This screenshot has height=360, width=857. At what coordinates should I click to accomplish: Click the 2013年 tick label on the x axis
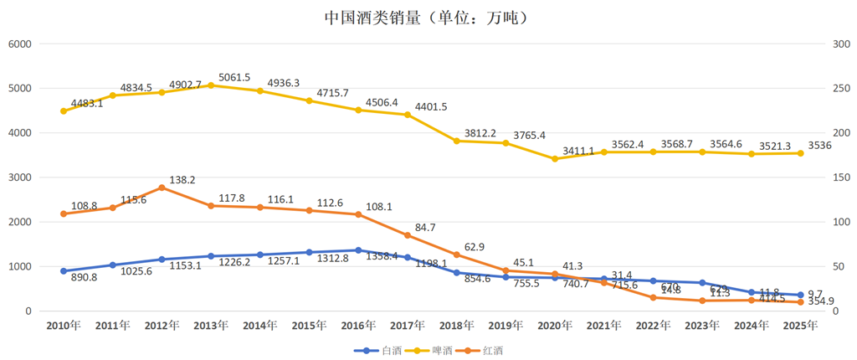[x=211, y=326]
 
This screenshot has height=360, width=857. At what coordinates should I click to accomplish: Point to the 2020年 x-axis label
[x=554, y=326]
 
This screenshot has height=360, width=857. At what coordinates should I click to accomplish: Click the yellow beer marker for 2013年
[x=211, y=85]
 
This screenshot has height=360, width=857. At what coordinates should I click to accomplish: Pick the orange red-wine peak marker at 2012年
[x=162, y=188]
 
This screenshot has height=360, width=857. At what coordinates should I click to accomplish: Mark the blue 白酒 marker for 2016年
[x=358, y=250]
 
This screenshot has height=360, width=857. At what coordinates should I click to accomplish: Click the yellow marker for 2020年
[x=554, y=158]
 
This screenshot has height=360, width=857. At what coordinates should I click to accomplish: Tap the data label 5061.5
[x=234, y=77]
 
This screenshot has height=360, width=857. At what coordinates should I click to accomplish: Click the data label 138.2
[x=183, y=180]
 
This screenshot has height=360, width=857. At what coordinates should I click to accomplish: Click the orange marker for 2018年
[x=456, y=255]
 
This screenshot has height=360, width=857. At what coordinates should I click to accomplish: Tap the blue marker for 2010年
[x=64, y=271]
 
